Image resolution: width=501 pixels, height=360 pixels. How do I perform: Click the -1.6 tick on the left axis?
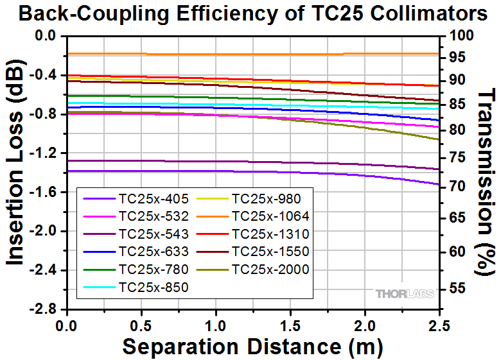tap(44, 192)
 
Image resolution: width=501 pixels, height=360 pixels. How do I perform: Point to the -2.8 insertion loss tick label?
tap(44, 309)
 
